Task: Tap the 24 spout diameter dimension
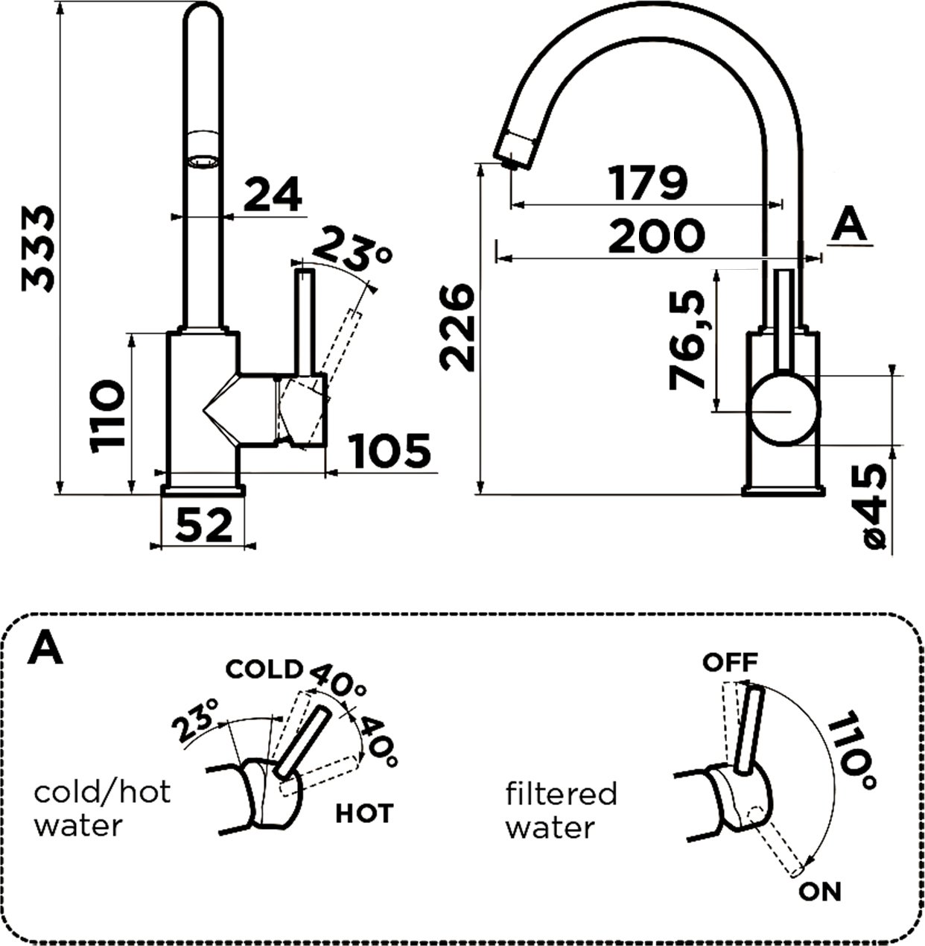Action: [x=273, y=195]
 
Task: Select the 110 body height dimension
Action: [x=107, y=415]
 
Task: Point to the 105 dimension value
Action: [x=390, y=451]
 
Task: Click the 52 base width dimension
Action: [x=203, y=526]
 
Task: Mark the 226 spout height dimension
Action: [x=456, y=326]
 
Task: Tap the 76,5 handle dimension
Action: [x=687, y=340]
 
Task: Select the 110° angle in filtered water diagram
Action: [x=851, y=750]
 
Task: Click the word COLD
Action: [x=264, y=669]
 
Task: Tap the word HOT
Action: [x=363, y=813]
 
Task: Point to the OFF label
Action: [x=730, y=661]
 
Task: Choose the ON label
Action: [x=819, y=891]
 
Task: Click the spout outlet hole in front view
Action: [x=202, y=160]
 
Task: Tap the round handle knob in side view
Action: [x=784, y=411]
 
